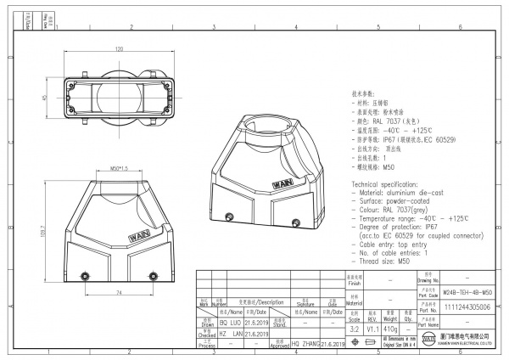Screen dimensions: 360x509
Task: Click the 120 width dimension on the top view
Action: (x=120, y=50)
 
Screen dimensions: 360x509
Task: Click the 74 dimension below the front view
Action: (x=120, y=291)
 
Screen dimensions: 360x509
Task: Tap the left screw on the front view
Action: (x=86, y=273)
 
